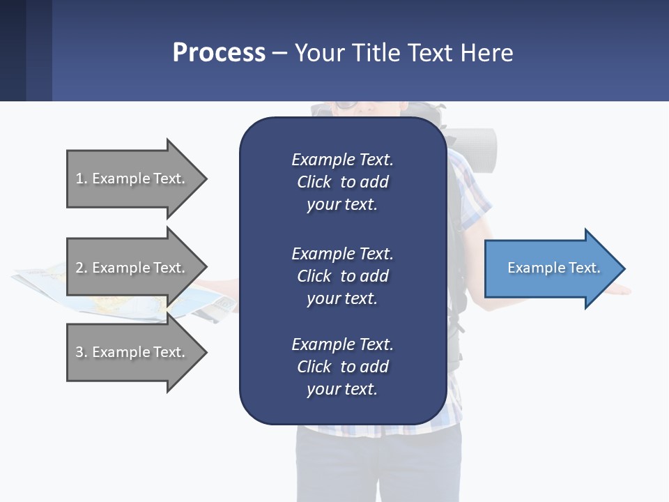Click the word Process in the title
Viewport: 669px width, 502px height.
coord(219,53)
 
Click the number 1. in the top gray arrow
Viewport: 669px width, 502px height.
coord(82,178)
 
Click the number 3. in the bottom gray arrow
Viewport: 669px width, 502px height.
coord(82,352)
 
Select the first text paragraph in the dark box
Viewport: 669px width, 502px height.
coord(342,182)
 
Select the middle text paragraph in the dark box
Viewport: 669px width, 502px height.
coord(342,275)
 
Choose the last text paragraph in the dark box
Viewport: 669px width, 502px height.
coord(342,367)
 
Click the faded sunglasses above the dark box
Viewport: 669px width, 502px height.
coord(344,107)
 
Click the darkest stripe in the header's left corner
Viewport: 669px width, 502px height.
coord(13,50)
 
